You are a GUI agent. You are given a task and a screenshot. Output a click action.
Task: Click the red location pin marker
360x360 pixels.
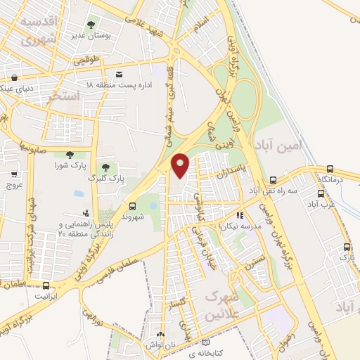tap(181, 165)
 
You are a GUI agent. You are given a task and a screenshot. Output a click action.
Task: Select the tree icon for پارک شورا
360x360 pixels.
tap(69, 155)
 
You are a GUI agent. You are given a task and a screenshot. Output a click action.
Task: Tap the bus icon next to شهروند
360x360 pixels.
tap(132, 206)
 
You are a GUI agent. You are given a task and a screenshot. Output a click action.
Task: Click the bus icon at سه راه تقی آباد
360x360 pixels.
tap(271, 179)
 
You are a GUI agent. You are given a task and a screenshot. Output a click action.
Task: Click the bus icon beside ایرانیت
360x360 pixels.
tap(46, 285)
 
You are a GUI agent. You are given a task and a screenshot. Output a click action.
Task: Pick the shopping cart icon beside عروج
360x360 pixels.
tap(15, 174)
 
